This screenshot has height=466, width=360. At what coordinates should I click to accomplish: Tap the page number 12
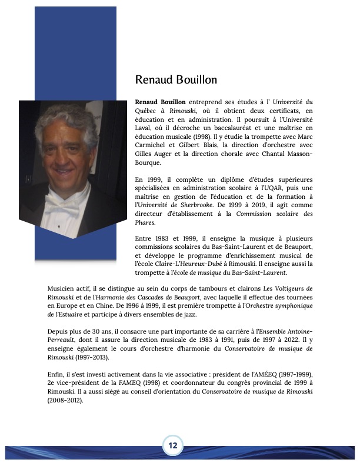[x=174, y=445]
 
